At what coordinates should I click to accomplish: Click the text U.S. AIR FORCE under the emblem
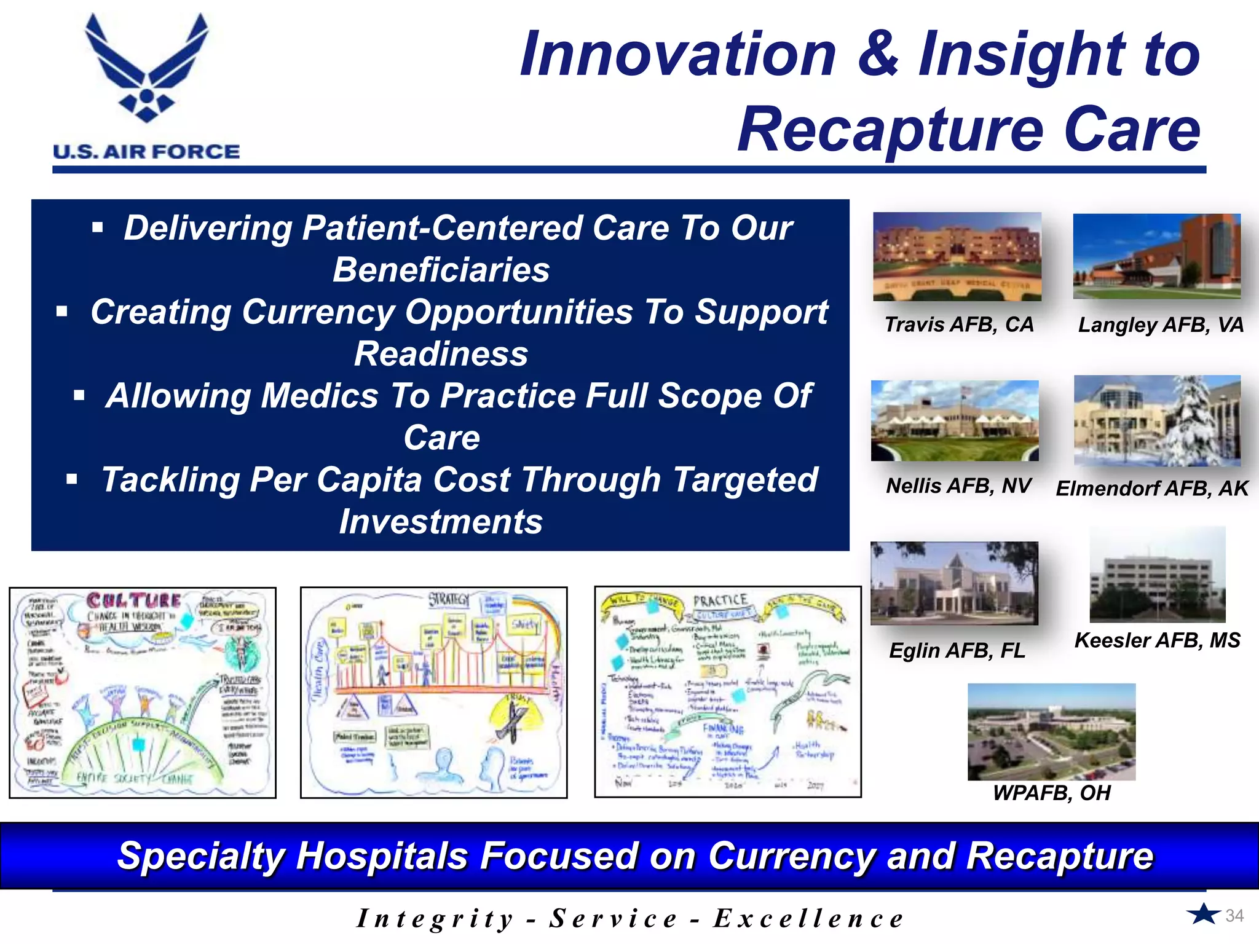click(146, 152)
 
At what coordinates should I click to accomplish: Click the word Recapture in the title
click(891, 130)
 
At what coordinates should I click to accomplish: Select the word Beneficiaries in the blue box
click(441, 270)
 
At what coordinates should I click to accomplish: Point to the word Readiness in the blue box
click(441, 354)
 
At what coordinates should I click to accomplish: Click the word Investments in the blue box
click(441, 522)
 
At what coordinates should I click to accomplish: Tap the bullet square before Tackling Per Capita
click(72, 479)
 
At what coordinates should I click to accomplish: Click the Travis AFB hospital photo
click(957, 256)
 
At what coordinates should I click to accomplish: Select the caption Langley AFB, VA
click(1161, 324)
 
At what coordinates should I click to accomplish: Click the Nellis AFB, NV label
click(958, 486)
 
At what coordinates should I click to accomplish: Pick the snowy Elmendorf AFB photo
click(1157, 420)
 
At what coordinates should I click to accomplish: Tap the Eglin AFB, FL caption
click(957, 650)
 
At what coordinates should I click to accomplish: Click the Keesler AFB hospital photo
click(1157, 575)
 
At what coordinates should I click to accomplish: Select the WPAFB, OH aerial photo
click(1051, 731)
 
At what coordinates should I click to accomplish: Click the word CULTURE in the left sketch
click(134, 600)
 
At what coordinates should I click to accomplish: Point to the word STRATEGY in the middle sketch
click(449, 599)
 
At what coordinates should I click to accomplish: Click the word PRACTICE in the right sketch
click(720, 600)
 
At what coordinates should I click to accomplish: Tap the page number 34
click(1234, 916)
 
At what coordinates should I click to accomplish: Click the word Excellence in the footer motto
click(808, 919)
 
